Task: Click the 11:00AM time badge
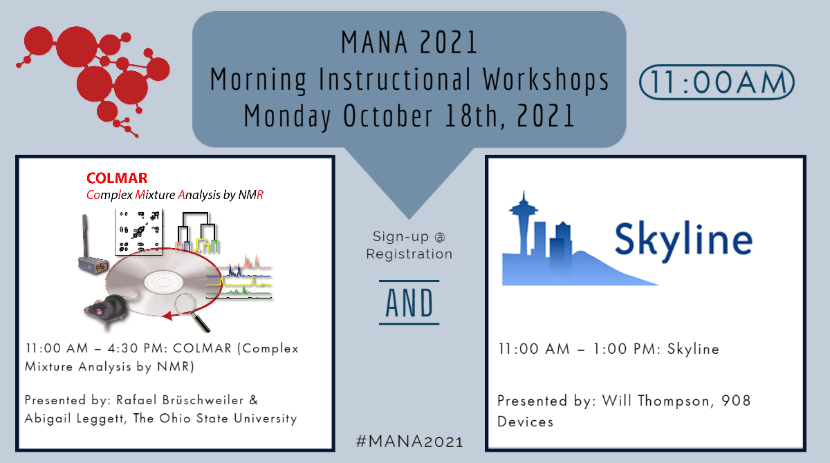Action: [717, 82]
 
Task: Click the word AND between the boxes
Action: [409, 303]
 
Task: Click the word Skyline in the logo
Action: [683, 239]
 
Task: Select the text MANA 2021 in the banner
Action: [409, 43]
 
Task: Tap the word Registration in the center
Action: [409, 254]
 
